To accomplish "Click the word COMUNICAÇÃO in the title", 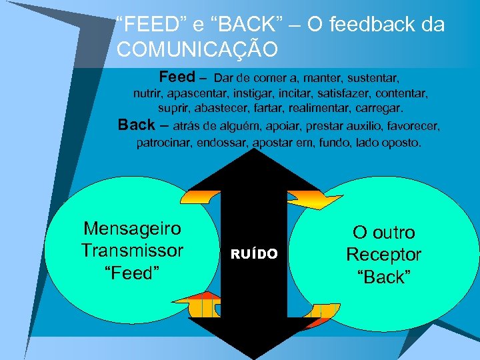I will pos(197,49).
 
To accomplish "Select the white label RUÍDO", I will pos(254,253).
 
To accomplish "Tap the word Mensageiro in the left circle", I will pos(132,229).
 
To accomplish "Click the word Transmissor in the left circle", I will pos(132,251).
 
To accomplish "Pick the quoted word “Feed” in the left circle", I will pos(132,273).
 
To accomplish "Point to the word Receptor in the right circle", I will pos(383,255).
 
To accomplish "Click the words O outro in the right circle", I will pos(383,233).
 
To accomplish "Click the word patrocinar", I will pos(164,143).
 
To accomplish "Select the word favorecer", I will pos(413,125).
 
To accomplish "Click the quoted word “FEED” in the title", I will pos(147,25).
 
